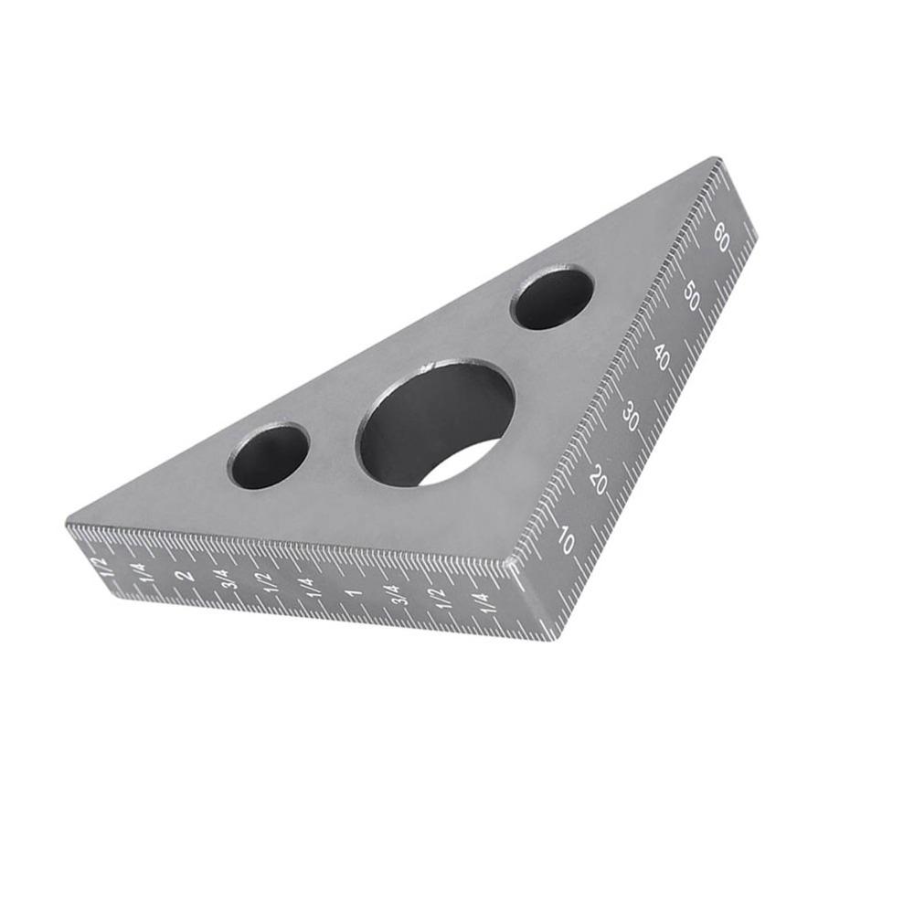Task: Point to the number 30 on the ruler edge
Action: pos(631,417)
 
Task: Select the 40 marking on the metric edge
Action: pos(662,357)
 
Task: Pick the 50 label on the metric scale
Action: pos(693,297)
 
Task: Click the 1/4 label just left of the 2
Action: pos(142,572)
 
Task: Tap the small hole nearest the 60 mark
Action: pos(552,298)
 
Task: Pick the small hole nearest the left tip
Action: pos(269,455)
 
